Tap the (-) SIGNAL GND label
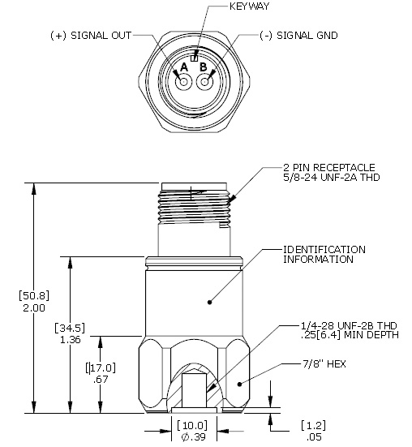pyautogui.click(x=297, y=36)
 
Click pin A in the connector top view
pyautogui.click(x=184, y=82)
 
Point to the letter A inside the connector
pyautogui.click(x=184, y=67)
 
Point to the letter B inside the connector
pyautogui.click(x=204, y=67)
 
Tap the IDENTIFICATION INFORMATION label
pyautogui.click(x=324, y=254)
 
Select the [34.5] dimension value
pyautogui.click(x=70, y=328)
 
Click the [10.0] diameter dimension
pyautogui.click(x=192, y=425)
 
